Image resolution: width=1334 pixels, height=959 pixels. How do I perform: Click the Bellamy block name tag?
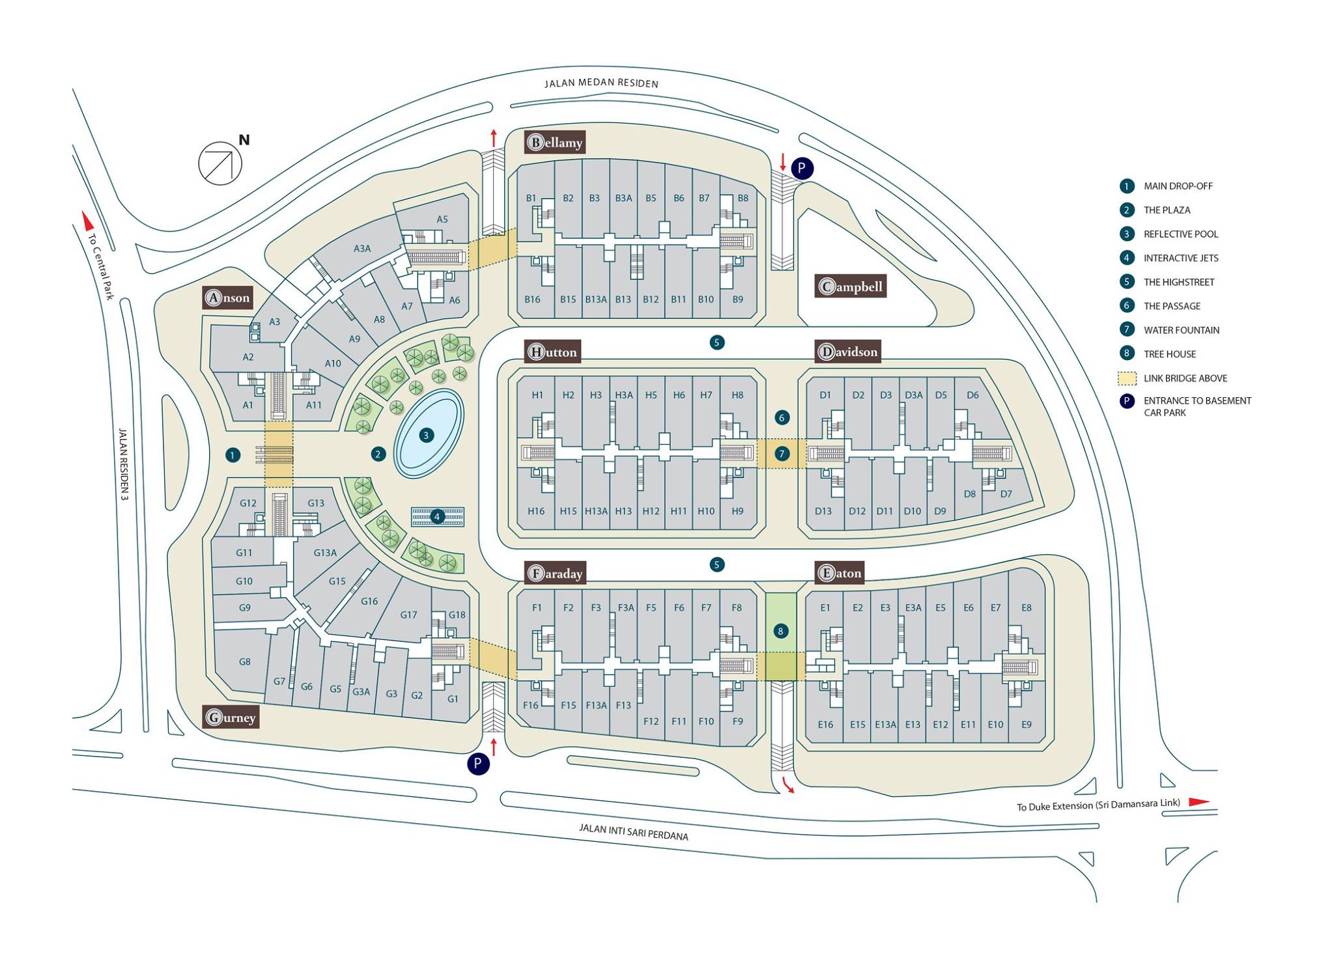(x=555, y=142)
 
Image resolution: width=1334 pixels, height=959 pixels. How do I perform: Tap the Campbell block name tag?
(x=851, y=286)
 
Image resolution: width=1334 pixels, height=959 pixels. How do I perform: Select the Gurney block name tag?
(x=231, y=717)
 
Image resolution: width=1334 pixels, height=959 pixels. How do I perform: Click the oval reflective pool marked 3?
(x=430, y=434)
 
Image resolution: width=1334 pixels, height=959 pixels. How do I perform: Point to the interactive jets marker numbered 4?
(x=437, y=517)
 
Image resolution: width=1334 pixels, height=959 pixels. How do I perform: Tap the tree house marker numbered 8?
(x=780, y=631)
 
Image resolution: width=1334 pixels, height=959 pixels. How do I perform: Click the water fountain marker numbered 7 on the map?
(x=782, y=454)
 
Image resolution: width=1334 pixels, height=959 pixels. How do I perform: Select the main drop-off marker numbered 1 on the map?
(x=233, y=455)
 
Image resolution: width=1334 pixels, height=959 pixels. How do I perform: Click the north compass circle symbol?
(x=220, y=163)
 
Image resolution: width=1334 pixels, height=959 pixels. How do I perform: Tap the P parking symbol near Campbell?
(x=802, y=169)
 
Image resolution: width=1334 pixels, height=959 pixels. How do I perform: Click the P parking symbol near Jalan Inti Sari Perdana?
(x=478, y=764)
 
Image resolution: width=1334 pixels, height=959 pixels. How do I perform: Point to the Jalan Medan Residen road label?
(x=601, y=83)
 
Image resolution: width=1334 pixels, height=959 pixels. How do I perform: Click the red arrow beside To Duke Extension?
(x=1199, y=802)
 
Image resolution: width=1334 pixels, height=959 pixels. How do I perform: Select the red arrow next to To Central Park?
(x=84, y=221)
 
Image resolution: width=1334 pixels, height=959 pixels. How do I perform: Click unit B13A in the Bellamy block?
(x=596, y=299)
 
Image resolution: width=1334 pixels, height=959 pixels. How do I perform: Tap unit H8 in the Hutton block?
(x=737, y=395)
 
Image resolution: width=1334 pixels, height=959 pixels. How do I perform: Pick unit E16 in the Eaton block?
(x=825, y=724)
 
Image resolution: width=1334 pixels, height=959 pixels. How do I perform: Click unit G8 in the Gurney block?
(x=244, y=661)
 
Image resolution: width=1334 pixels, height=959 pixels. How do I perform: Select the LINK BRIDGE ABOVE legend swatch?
(x=1127, y=378)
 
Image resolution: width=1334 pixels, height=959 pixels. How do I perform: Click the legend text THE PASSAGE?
(x=1172, y=306)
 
